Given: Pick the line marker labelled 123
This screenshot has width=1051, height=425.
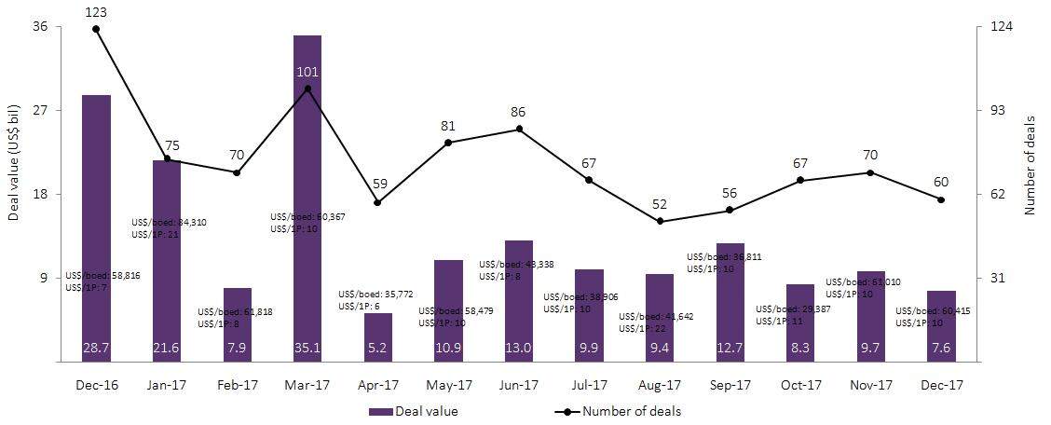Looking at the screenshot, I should coord(97,29).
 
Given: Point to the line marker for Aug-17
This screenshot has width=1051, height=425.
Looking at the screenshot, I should coord(660,222).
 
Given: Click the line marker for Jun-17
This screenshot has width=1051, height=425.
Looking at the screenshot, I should coord(519,129).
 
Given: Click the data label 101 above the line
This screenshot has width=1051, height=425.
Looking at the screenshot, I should coord(307,72).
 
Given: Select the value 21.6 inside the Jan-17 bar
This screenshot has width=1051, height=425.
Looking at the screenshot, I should coord(167,349).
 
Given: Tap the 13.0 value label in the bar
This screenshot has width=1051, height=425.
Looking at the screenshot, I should coord(519,349).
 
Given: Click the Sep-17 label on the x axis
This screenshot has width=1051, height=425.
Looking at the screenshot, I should coord(730,384).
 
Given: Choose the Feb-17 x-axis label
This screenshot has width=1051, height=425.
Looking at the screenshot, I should coord(237,384).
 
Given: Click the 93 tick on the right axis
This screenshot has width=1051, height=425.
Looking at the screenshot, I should coord(995,110).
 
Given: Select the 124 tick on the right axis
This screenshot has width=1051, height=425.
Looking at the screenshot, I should coord(998,26).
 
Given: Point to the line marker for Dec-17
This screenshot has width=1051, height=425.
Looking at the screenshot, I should coord(941,199).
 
